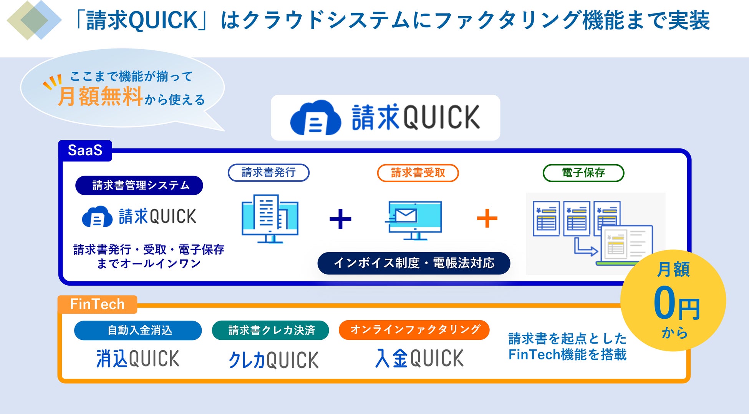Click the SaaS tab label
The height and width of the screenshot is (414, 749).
tap(85, 150)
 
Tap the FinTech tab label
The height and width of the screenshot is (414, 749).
tap(97, 304)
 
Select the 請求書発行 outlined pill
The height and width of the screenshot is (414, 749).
tap(268, 173)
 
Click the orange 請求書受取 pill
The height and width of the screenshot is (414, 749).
tap(418, 173)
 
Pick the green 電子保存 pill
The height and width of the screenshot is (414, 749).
tap(583, 173)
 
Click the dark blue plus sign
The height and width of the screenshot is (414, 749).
tap(340, 219)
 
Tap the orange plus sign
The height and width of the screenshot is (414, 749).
tap(487, 218)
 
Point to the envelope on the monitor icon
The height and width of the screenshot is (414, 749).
tap(406, 216)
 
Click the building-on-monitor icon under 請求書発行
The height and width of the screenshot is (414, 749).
tap(270, 218)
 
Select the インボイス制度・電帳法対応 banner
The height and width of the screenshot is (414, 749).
tap(414, 263)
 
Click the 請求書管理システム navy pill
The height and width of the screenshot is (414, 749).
tap(139, 186)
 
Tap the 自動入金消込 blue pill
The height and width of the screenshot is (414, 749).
tap(138, 331)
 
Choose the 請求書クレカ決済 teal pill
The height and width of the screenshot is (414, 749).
tap(270, 331)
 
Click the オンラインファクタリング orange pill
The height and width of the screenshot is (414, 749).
tap(414, 330)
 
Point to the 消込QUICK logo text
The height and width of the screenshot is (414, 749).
tap(138, 359)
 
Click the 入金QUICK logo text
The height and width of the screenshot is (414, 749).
tap(419, 358)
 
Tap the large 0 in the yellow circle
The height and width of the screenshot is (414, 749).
tap(664, 303)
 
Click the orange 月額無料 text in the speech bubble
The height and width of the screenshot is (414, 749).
tap(101, 96)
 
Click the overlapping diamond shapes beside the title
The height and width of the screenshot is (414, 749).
tap(34, 20)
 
